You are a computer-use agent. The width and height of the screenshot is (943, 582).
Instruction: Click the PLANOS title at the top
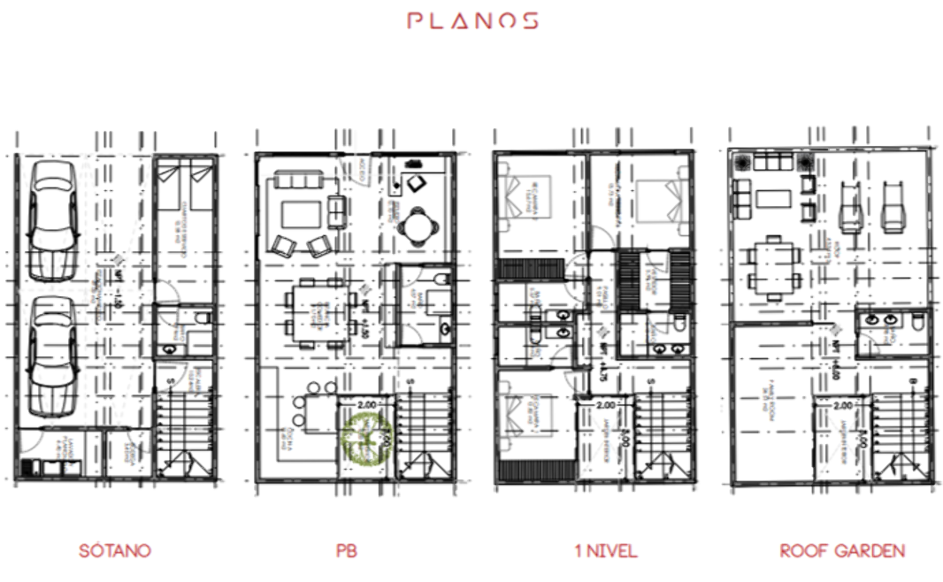[471, 20]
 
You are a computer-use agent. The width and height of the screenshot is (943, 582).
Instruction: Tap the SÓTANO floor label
[115, 550]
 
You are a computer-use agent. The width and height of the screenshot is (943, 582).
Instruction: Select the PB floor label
[347, 550]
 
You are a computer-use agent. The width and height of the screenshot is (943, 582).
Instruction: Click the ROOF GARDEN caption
[842, 550]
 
